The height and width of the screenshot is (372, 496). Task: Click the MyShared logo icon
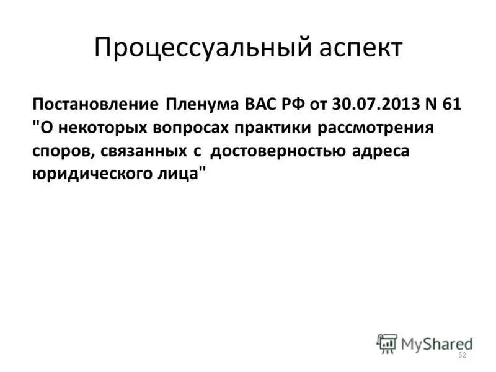click(386, 342)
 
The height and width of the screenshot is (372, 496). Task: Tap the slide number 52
click(461, 355)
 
